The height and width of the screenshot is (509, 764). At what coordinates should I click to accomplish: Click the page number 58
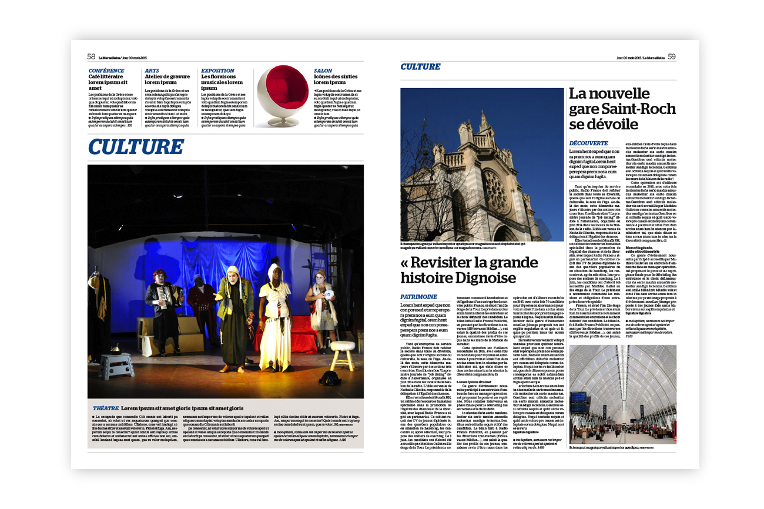coord(91,57)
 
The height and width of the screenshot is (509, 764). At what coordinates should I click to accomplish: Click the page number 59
coord(672,57)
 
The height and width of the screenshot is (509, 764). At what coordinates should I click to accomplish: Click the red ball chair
coord(283,95)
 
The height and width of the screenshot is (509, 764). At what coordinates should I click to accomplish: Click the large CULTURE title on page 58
coord(136,147)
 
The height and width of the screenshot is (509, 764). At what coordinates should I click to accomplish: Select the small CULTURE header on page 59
coord(420,67)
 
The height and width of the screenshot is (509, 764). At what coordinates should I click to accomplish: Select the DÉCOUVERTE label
coord(589,143)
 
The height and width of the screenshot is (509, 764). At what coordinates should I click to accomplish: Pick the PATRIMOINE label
coord(418,297)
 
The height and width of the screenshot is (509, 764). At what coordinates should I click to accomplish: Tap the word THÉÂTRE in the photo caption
coord(106,408)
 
